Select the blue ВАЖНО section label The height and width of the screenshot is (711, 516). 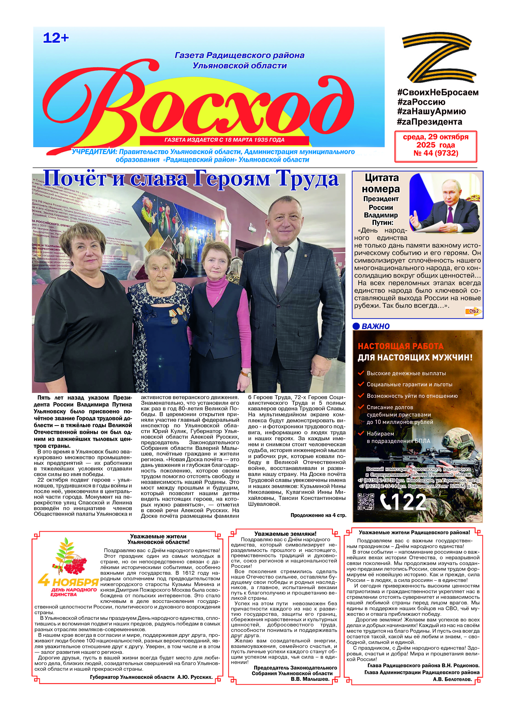click(x=376, y=326)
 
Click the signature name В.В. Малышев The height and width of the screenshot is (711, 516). click(x=310, y=679)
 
